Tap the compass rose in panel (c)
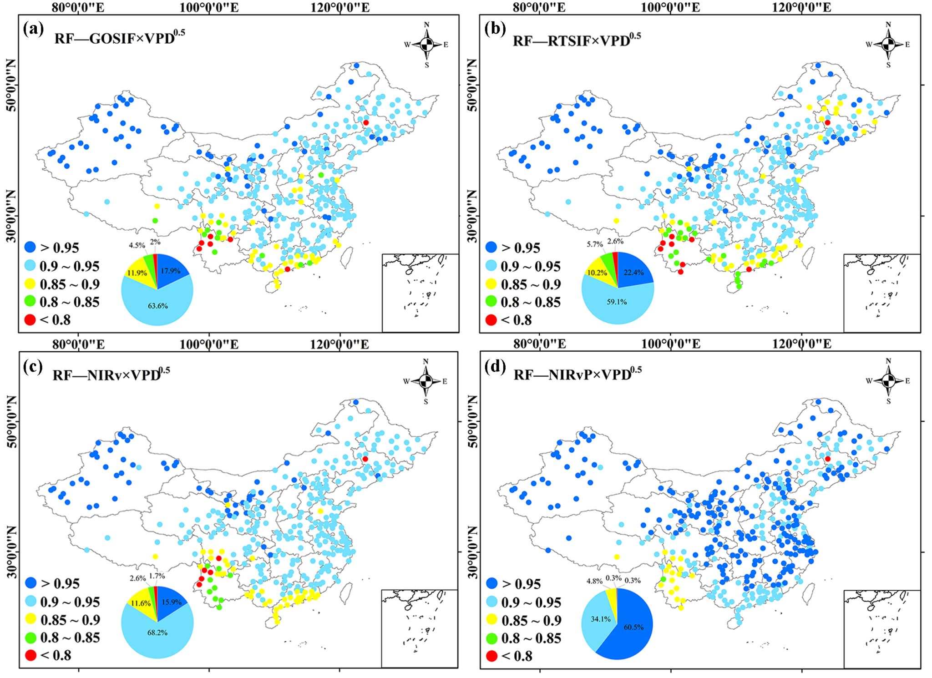click(x=425, y=381)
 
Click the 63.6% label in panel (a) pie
click(x=157, y=306)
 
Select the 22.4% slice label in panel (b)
click(x=633, y=273)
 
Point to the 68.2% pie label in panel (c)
click(x=157, y=632)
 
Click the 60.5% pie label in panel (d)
click(x=633, y=627)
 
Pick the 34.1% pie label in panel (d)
click(x=600, y=619)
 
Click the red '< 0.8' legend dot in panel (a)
click(x=30, y=320)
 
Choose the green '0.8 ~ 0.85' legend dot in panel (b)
click(x=491, y=301)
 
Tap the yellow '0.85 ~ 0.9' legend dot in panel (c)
click(x=30, y=619)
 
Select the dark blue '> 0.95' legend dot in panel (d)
click(x=491, y=583)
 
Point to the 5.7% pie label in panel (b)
click(x=594, y=244)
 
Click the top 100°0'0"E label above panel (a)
click(x=209, y=7)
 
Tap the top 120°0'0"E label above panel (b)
click(x=801, y=7)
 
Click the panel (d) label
click(x=495, y=365)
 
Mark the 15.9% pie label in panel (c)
click(x=172, y=602)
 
